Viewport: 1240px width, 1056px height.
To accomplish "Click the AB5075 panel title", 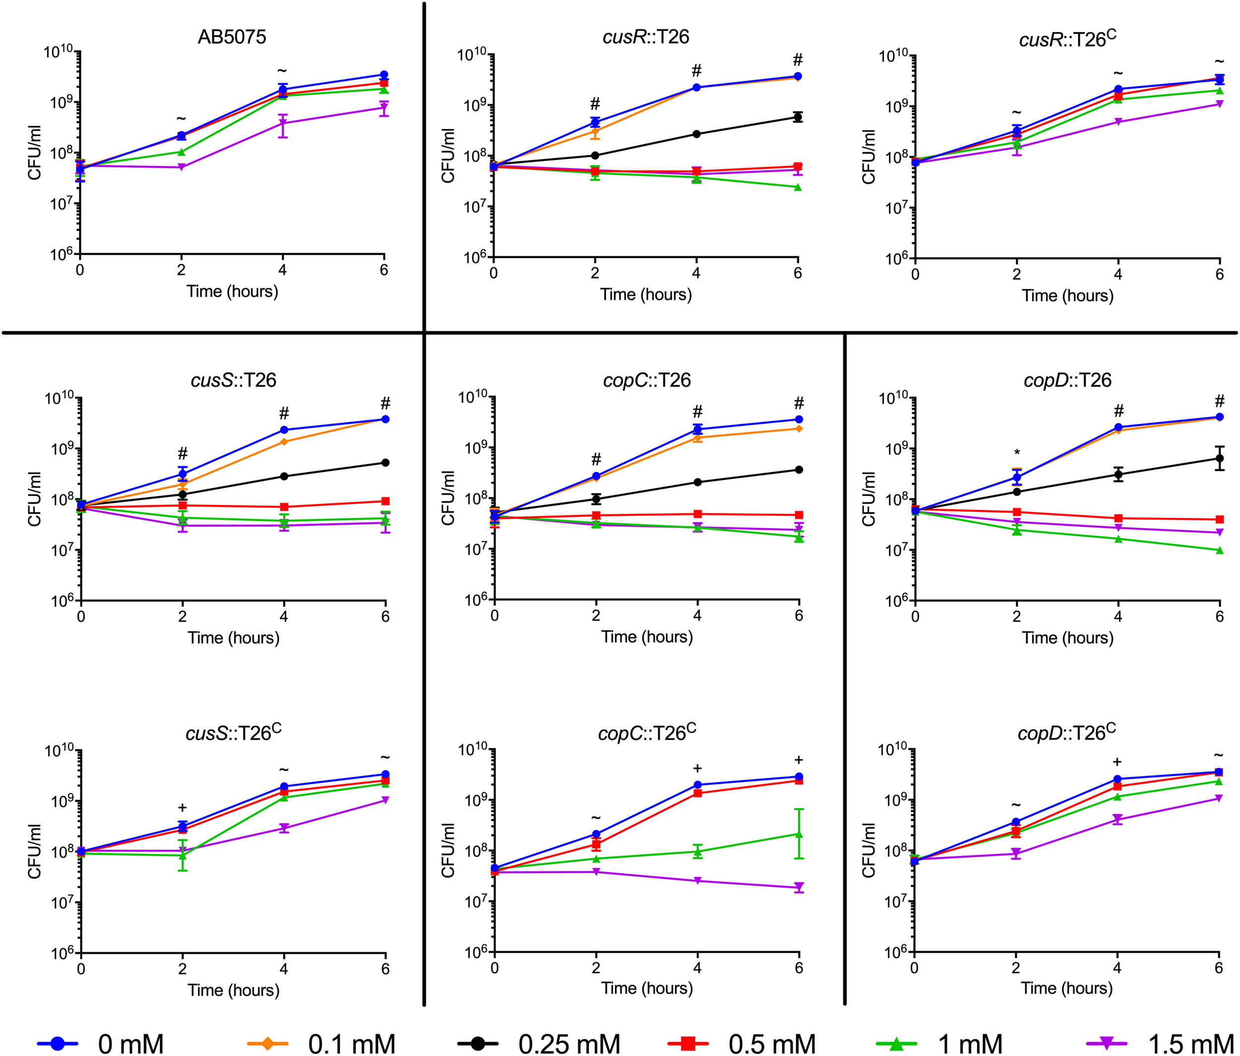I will [x=232, y=37].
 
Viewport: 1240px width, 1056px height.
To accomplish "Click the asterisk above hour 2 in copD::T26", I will [x=1017, y=453].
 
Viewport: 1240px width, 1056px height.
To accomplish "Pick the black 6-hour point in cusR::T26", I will [x=798, y=117].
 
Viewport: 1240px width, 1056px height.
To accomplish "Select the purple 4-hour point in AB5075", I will [x=282, y=123].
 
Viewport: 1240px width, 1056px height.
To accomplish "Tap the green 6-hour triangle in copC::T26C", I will [x=799, y=834].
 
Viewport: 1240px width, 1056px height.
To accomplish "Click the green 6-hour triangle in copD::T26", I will [x=1219, y=551].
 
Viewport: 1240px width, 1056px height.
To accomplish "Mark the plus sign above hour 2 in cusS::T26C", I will [x=183, y=808].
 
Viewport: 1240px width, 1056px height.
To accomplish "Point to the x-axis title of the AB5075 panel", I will [x=232, y=291].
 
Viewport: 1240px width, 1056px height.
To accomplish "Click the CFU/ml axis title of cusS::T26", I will [x=35, y=499].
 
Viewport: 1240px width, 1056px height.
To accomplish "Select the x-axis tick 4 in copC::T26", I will [x=697, y=615].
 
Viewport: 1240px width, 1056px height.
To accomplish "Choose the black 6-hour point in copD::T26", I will [x=1219, y=459].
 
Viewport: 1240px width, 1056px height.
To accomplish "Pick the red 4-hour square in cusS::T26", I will [x=284, y=507].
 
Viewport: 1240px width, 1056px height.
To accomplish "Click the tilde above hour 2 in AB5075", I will [x=182, y=119].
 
